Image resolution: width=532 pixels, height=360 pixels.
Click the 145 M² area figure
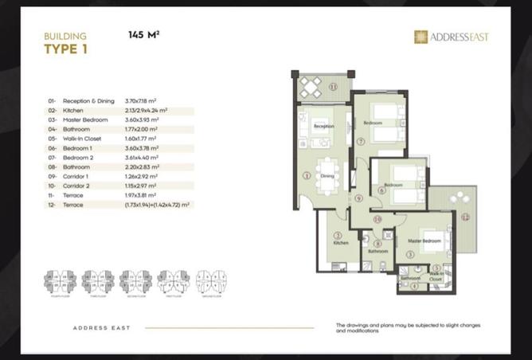[144, 35]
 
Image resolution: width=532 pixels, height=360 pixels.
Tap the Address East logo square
[421, 37]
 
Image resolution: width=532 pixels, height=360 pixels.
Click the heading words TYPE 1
[66, 49]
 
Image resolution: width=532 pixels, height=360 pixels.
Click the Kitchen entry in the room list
[73, 110]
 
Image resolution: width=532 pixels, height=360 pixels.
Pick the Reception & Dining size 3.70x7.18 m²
[142, 101]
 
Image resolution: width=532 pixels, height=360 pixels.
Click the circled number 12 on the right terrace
[467, 216]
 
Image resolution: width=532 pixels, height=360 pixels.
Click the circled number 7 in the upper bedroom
[362, 142]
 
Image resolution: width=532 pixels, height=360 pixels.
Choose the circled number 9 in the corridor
[358, 198]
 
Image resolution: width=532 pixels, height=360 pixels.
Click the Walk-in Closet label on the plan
[435, 278]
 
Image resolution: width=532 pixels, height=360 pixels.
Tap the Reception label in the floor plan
[323, 126]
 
